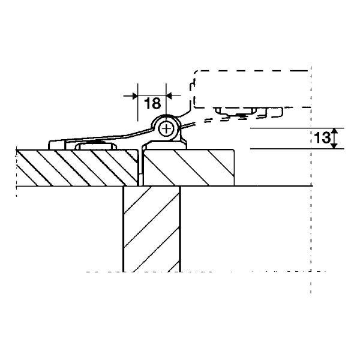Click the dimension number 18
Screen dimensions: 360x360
tap(152, 104)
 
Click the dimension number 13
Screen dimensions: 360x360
tap(322, 138)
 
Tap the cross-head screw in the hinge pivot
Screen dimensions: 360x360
tap(166, 129)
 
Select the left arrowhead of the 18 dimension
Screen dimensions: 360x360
tap(135, 96)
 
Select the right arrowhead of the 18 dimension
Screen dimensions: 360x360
tap(169, 96)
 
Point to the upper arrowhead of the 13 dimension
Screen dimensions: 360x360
tap(335, 131)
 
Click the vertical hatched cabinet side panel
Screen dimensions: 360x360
tap(152, 229)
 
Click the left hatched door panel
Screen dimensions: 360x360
tap(77, 168)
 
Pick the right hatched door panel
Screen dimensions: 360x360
tap(188, 167)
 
